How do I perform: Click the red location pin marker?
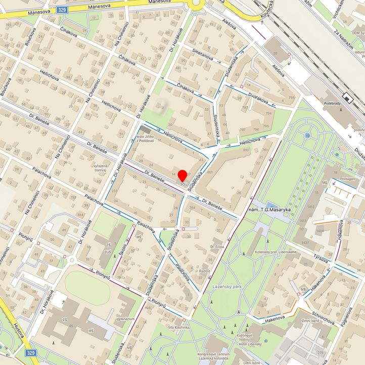tap(182, 176)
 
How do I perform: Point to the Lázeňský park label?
tap(227, 286)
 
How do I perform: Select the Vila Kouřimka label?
tap(179, 328)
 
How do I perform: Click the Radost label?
tap(205, 271)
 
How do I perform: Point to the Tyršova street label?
tap(321, 259)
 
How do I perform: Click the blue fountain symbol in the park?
tap(307, 135)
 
